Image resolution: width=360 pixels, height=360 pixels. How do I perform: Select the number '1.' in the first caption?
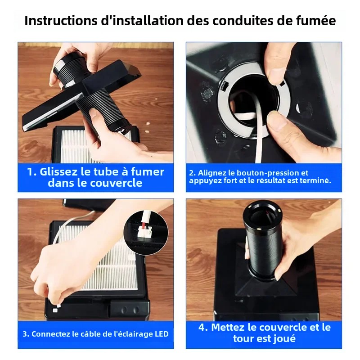point(32,172)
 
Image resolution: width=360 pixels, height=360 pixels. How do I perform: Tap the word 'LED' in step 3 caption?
point(160,334)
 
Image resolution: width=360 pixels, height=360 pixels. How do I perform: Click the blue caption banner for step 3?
point(95,334)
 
